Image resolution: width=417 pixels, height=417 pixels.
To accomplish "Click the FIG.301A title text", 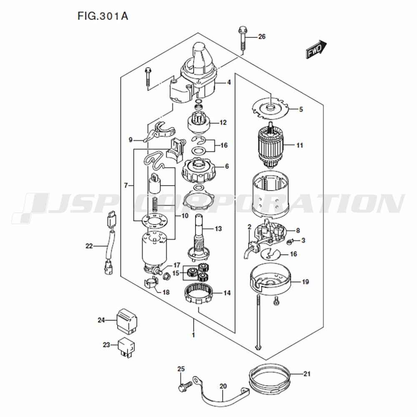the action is pyautogui.click(x=103, y=16).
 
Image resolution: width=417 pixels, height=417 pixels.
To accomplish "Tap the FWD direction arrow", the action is pyautogui.click(x=316, y=49).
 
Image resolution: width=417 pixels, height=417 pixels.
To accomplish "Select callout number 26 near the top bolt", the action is pyautogui.click(x=262, y=36).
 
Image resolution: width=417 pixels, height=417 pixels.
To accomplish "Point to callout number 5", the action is pyautogui.click(x=301, y=109).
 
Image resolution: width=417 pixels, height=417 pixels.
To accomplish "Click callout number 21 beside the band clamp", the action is pyautogui.click(x=307, y=374).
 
